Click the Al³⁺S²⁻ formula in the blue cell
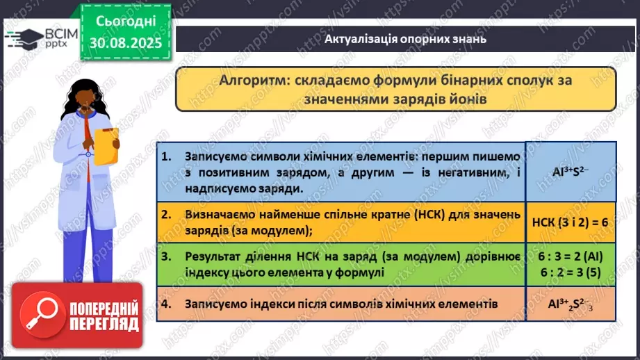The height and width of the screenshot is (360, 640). point(570,172)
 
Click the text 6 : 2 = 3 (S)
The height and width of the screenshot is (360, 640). point(570,272)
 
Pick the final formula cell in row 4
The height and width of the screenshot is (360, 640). point(570,305)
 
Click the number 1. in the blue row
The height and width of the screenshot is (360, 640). point(165,157)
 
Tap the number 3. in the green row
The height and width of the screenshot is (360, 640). point(165,257)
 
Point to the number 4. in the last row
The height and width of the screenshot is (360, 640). point(165,304)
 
